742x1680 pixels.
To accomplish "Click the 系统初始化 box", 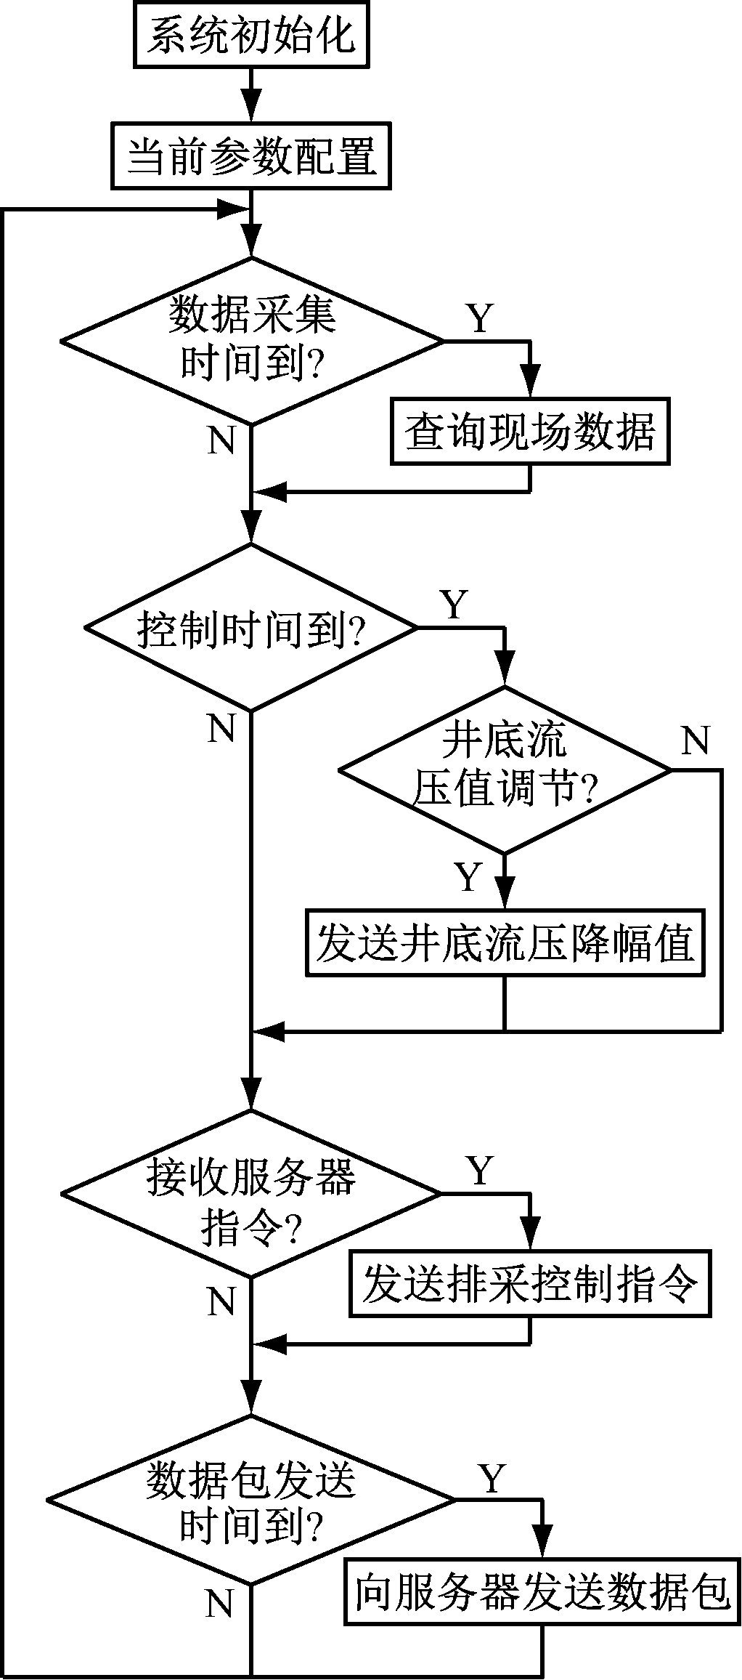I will tap(251, 36).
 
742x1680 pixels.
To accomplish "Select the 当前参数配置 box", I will tap(251, 156).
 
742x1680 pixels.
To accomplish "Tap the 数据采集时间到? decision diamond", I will tap(251, 340).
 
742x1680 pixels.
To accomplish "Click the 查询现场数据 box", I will tap(529, 432).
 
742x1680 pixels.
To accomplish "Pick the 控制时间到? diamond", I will tap(251, 627).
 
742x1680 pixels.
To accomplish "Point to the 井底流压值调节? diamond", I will tap(504, 770).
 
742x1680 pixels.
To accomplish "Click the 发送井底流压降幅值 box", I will tap(504, 942).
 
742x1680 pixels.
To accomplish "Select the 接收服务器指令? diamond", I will tap(251, 1193).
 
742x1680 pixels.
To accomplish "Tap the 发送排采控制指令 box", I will tap(529, 1285).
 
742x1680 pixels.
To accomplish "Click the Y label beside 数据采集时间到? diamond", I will tap(479, 318).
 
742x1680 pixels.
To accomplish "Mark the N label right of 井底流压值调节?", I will tap(695, 740).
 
